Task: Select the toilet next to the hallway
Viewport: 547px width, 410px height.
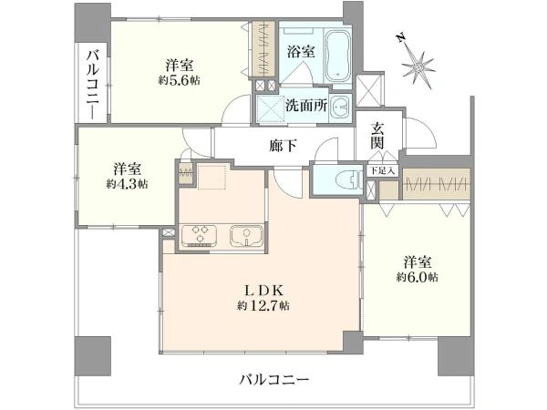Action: tap(344, 179)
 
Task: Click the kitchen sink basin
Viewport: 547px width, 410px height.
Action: tap(244, 236)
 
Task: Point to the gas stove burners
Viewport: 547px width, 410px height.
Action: tap(198, 236)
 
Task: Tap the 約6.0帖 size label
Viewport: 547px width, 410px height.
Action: tap(417, 276)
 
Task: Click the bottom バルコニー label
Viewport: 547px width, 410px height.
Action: tap(275, 378)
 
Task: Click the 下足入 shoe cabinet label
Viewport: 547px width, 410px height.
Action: tap(381, 169)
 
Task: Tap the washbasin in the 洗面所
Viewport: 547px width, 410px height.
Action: tap(339, 106)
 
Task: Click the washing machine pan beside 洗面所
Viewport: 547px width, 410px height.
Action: tap(270, 106)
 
